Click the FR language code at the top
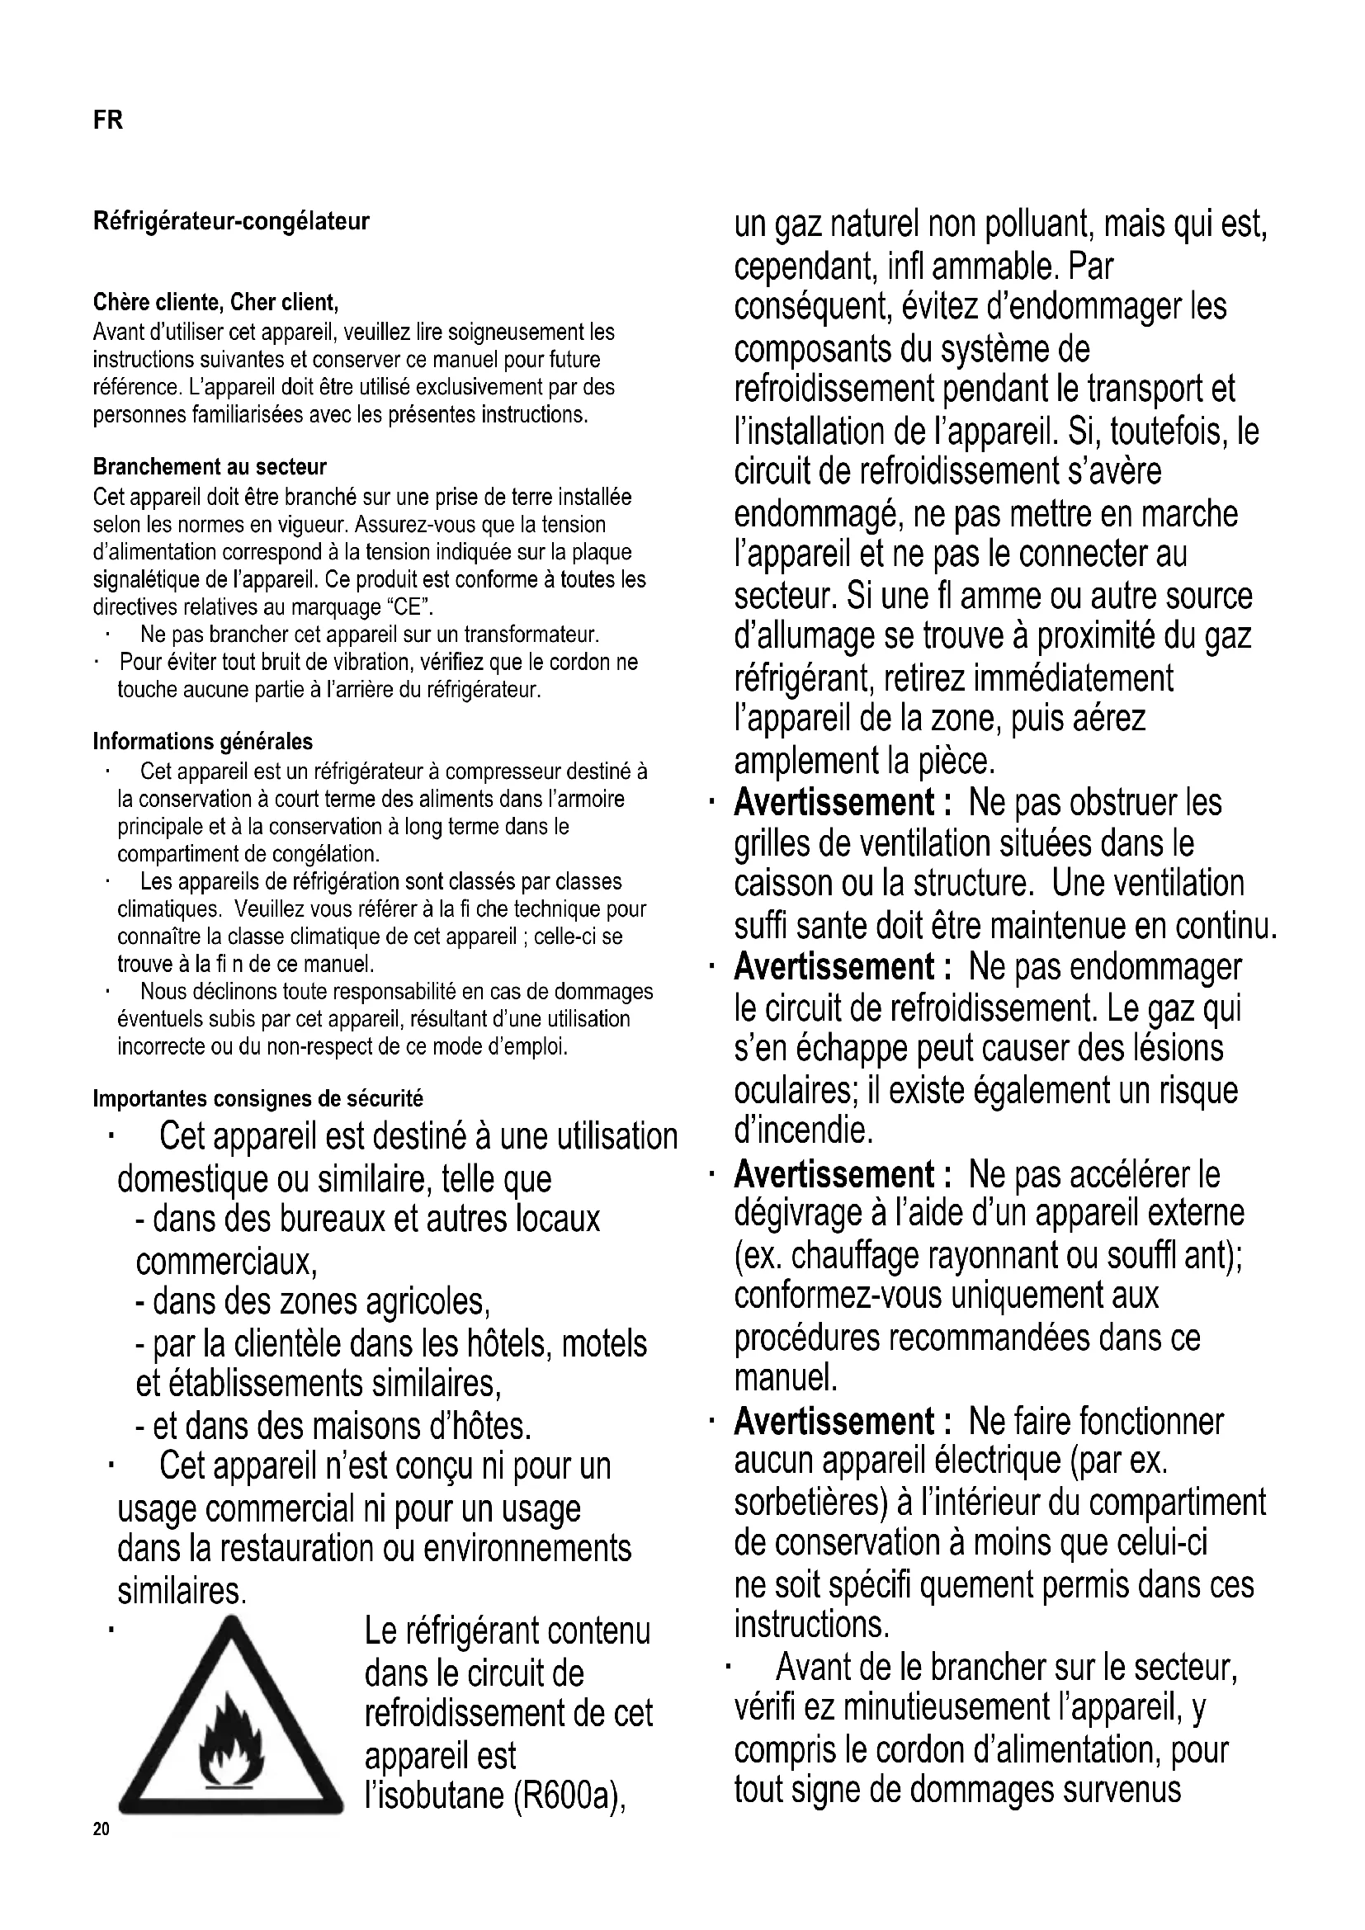[x=107, y=120]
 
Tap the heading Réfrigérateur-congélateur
[x=231, y=222]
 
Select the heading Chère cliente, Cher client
[x=215, y=302]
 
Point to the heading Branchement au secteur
[x=210, y=466]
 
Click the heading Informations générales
[x=202, y=742]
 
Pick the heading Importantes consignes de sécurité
[x=258, y=1097]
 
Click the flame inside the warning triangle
[x=231, y=1743]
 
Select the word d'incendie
[x=803, y=1131]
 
